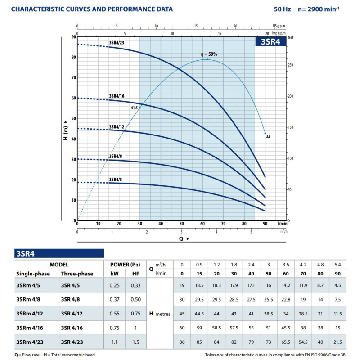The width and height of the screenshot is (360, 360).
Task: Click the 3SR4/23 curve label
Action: click(117, 44)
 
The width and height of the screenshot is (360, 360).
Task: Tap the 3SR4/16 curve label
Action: click(117, 96)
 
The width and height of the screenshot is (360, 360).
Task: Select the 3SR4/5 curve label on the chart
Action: click(117, 180)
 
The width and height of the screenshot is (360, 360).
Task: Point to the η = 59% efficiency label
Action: click(209, 54)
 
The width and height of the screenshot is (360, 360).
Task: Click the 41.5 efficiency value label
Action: click(135, 108)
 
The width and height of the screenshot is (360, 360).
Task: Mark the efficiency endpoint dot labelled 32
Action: click(265, 133)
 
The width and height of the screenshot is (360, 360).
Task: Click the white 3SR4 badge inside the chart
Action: click(269, 41)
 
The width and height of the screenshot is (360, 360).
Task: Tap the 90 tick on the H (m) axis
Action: click(73, 37)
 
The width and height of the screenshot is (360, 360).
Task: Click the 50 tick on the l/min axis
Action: click(181, 224)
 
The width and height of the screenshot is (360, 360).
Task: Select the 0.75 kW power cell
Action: click(114, 328)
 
